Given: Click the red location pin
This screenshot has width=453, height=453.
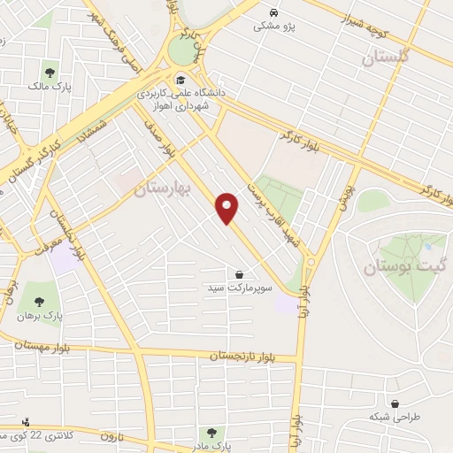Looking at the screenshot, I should tap(227, 208).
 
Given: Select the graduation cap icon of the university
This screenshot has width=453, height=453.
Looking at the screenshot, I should tap(180, 76).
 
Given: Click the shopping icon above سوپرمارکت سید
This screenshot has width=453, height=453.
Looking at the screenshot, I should tap(240, 274).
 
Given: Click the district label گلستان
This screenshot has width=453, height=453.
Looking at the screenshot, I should tap(388, 58).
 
